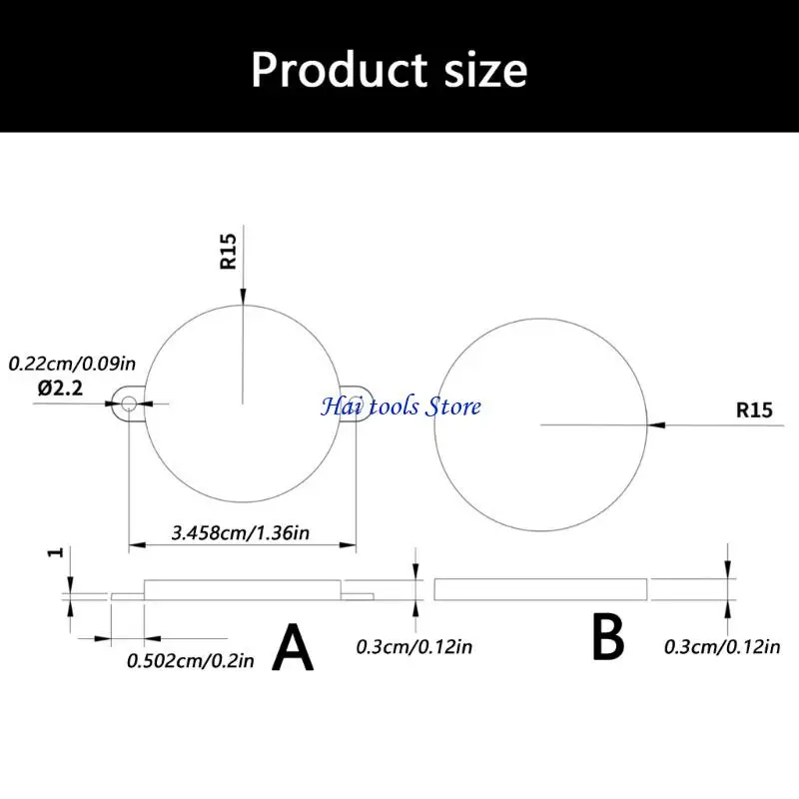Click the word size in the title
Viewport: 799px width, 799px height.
(x=486, y=71)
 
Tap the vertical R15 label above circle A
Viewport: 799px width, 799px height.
(x=229, y=252)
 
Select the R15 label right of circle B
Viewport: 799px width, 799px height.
(x=754, y=410)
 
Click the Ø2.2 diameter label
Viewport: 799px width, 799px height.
(x=60, y=389)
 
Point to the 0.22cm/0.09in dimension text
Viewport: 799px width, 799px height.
(x=72, y=364)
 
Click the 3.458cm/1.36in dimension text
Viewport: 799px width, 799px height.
(x=241, y=533)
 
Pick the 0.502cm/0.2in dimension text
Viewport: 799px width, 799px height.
(x=191, y=661)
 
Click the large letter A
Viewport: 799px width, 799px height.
(x=293, y=647)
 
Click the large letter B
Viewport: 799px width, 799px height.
(x=608, y=637)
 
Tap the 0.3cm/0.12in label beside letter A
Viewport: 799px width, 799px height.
(x=414, y=647)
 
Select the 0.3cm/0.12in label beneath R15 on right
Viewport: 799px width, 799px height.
(x=722, y=647)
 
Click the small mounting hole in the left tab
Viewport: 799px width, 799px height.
(x=129, y=404)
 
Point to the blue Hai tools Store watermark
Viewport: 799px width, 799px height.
(x=401, y=406)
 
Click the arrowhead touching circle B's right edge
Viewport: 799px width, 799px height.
(x=656, y=424)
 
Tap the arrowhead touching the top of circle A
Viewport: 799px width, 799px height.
(x=244, y=297)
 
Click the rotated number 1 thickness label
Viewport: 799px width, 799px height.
(x=57, y=552)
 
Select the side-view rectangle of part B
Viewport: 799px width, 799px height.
(x=540, y=589)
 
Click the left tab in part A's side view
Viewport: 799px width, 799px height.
(x=128, y=596)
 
